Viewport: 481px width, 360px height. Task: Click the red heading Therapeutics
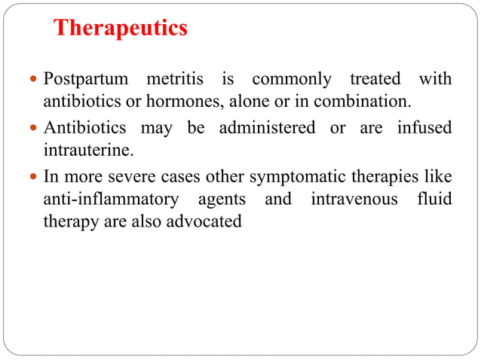[121, 29]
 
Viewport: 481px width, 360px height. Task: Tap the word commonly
[291, 79]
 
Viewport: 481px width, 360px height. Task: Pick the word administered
[267, 128]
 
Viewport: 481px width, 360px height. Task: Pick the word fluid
[435, 200]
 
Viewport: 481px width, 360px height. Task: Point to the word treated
[375, 79]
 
